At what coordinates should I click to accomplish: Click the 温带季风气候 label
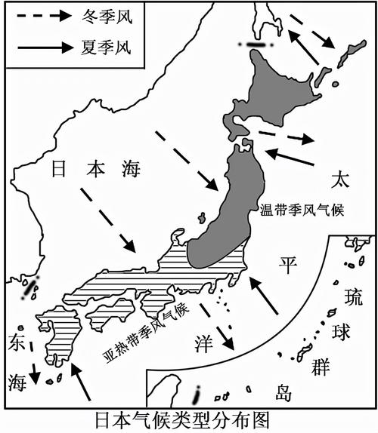(x=302, y=210)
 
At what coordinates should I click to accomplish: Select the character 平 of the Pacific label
(x=287, y=266)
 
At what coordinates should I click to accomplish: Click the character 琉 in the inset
(x=352, y=296)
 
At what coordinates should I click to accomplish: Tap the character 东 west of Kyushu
(x=17, y=341)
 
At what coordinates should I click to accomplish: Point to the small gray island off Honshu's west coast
(x=202, y=219)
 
